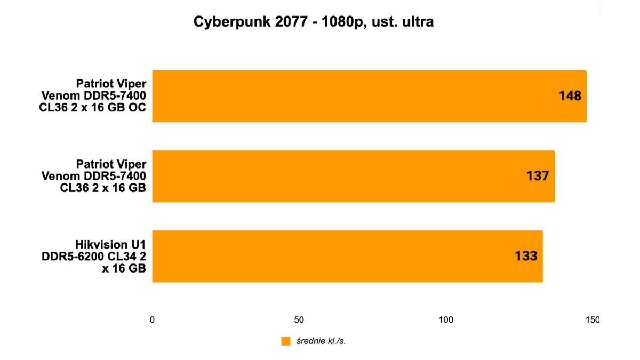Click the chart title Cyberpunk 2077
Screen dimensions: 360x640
pyautogui.click(x=313, y=22)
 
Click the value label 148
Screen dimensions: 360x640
pyautogui.click(x=570, y=96)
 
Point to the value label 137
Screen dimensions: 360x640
pyautogui.click(x=538, y=176)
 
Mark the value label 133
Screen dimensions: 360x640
pyautogui.click(x=526, y=256)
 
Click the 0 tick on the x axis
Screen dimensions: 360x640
pyautogui.click(x=153, y=320)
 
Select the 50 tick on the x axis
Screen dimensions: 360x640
pyautogui.click(x=299, y=320)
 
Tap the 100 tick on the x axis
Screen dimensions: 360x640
pyautogui.click(x=446, y=320)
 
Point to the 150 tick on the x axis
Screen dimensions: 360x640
pyautogui.click(x=592, y=320)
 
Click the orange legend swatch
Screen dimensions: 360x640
pyautogui.click(x=285, y=341)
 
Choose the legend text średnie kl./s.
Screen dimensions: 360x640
pyautogui.click(x=321, y=341)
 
